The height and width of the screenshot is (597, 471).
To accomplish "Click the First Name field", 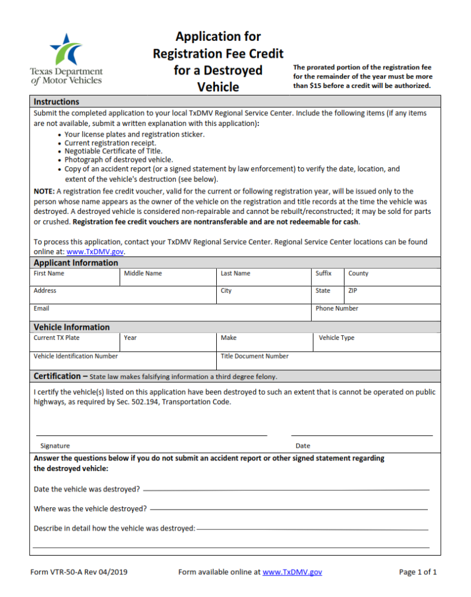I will tap(76, 278).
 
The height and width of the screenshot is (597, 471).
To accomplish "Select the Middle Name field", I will tap(168, 278).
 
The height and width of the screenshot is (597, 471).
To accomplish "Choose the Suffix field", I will tap(328, 278).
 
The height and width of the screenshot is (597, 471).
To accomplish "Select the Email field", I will tap(171, 312).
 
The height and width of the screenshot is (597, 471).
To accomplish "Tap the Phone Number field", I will tap(375, 312).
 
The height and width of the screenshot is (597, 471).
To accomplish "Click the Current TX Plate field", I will tap(76, 342).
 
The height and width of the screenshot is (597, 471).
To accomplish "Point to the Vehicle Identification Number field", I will tap(124, 360).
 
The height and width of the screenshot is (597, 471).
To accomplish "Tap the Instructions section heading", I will tap(57, 101).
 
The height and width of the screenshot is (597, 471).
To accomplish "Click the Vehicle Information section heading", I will tap(72, 327).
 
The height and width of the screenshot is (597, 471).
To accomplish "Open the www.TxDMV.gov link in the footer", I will tap(292, 572).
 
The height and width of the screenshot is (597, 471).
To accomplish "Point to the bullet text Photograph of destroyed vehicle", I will tap(119, 159).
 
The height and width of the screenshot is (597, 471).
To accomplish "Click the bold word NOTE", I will tap(44, 191).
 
